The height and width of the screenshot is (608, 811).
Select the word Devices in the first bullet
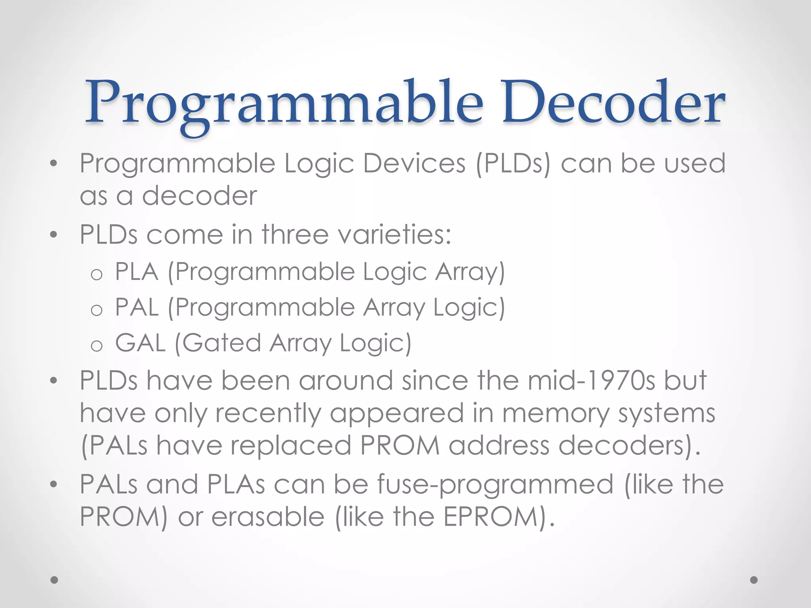pos(414,163)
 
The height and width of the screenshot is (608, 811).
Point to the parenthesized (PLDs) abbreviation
pos(513,164)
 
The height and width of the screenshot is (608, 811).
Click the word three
pos(295,234)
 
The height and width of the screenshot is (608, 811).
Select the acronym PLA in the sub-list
pos(137,272)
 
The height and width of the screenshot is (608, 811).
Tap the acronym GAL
pos(140,342)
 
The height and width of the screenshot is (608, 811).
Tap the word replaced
pos(291,445)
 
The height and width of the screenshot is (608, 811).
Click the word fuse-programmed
pos(495,485)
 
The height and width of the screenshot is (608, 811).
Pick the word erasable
pos(268,517)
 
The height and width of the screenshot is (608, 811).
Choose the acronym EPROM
pos(491,517)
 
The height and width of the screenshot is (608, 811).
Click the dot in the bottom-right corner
pos(754,580)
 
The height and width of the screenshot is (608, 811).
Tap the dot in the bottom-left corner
pos(55,580)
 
